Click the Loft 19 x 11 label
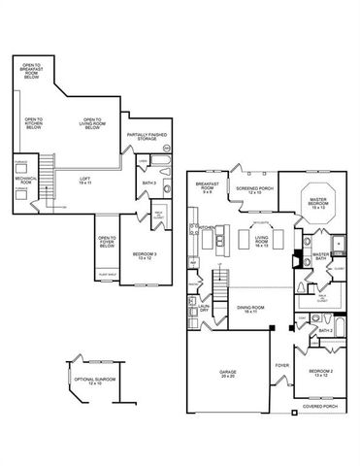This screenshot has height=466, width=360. [86, 180]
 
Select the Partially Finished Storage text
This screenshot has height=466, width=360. [144, 138]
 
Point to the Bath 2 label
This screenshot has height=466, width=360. [326, 331]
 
